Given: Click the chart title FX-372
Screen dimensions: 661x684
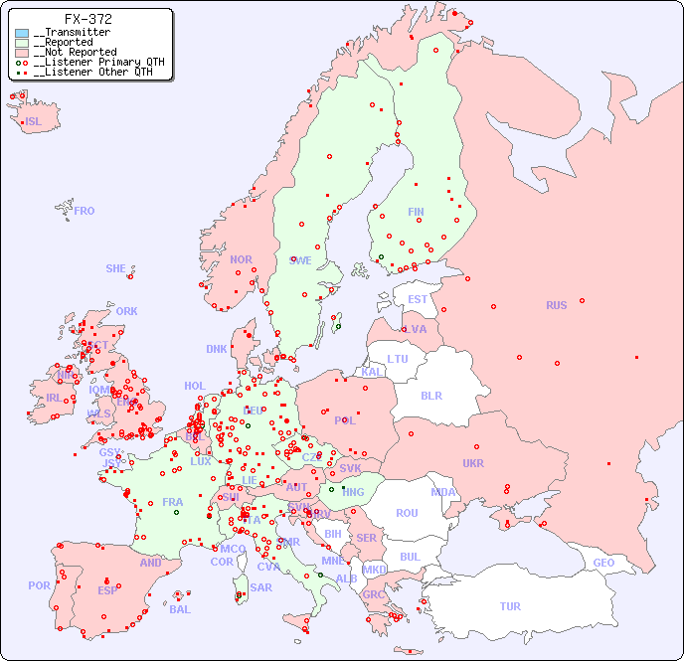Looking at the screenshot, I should point(87,19).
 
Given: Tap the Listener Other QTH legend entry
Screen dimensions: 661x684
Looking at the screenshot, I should point(92,72).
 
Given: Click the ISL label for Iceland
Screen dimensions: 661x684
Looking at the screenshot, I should point(34,122).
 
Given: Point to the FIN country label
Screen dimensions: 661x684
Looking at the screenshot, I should point(416,212).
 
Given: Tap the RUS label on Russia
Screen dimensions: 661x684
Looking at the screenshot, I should point(556,305).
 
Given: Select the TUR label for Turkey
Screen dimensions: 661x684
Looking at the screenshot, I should point(510,606).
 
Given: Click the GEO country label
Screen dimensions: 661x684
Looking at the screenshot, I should point(603,563).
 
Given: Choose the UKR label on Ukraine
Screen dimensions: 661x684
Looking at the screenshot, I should point(473,463).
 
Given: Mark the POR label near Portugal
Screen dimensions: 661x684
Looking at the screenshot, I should point(39,585).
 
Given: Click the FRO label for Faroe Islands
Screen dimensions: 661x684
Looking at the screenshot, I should point(85,211).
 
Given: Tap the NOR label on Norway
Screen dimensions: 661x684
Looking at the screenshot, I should point(241,259).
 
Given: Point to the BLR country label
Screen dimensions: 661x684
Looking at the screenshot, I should point(430,395).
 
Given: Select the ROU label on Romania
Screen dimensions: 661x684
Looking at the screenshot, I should point(407,513).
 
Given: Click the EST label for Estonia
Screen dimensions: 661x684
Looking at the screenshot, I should point(418,299).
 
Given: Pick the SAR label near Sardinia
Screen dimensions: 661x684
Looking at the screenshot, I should point(260,587).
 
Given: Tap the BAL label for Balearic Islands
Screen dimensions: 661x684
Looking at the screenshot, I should point(179,609).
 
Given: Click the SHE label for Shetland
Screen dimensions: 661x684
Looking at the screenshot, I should point(116,268).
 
